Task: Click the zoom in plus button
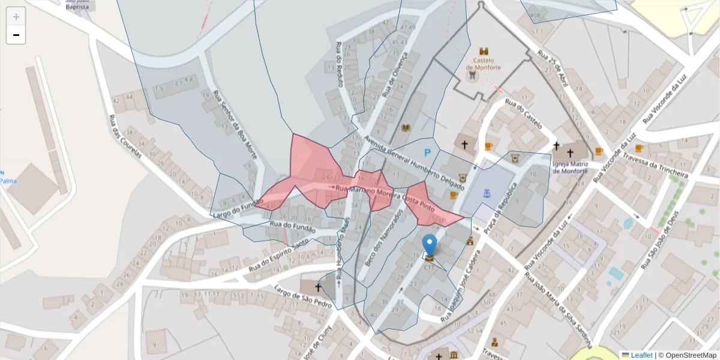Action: pyautogui.click(x=16, y=17)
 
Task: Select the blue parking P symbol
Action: pyautogui.click(x=428, y=153)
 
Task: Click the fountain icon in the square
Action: pyautogui.click(x=487, y=193)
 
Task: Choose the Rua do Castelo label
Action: pyautogui.click(x=524, y=113)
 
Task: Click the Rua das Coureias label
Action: pyautogui.click(x=125, y=137)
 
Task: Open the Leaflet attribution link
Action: pyautogui.click(x=641, y=355)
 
